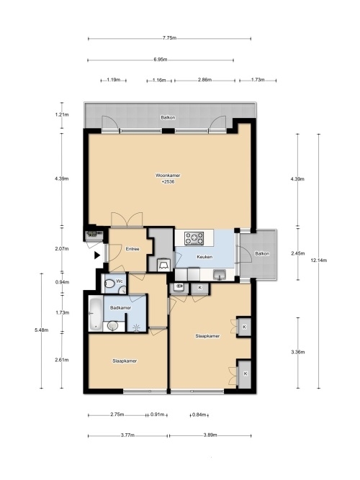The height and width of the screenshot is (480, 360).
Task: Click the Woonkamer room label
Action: (168, 176)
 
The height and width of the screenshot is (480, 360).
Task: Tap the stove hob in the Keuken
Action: (194, 238)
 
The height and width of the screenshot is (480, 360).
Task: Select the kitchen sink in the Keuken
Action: (220, 274)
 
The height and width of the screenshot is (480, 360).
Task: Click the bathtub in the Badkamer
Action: (95, 314)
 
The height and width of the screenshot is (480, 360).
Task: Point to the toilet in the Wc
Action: (109, 284)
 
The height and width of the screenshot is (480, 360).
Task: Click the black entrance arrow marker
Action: (97, 255)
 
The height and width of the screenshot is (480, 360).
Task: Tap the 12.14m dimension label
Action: (319, 261)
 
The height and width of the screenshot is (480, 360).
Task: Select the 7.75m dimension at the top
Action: (169, 38)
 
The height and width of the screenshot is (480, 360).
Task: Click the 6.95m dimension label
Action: (161, 60)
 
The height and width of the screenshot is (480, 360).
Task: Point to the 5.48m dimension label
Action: (42, 330)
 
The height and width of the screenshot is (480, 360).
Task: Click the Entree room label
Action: (132, 249)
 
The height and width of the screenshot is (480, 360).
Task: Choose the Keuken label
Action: (204, 257)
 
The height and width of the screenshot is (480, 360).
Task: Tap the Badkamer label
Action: (120, 308)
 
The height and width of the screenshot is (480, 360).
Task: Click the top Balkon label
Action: (168, 117)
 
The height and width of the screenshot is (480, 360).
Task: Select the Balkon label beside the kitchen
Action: (262, 253)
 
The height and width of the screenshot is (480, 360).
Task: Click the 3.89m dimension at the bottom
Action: (210, 435)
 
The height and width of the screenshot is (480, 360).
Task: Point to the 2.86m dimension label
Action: (204, 80)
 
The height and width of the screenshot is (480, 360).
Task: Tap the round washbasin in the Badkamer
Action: (112, 325)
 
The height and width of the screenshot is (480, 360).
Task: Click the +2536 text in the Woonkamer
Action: (168, 182)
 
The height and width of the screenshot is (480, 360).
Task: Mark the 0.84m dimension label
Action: (199, 415)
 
